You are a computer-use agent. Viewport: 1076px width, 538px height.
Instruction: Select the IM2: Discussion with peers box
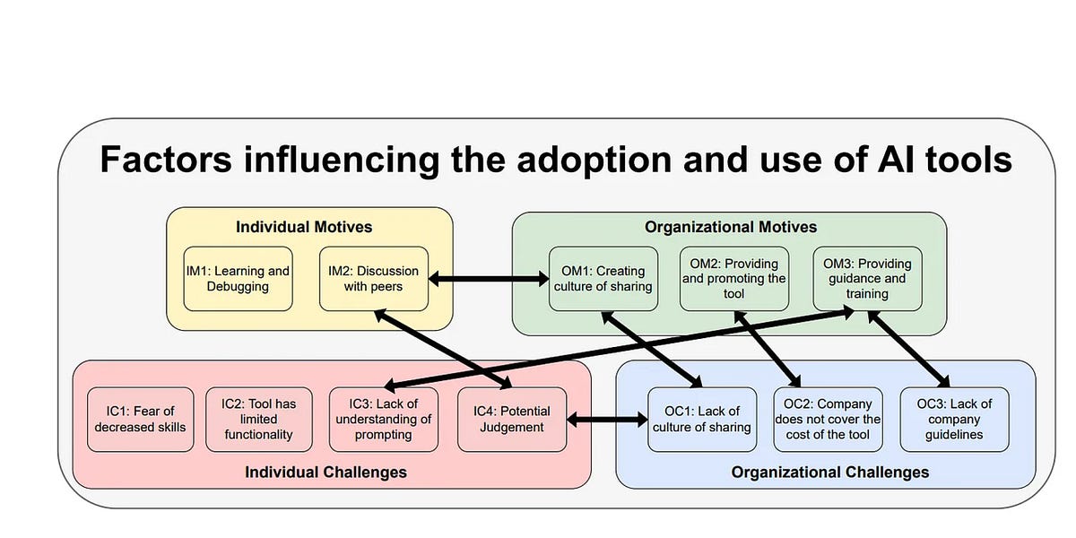(373, 278)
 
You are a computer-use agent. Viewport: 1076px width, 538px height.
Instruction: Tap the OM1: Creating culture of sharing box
(602, 278)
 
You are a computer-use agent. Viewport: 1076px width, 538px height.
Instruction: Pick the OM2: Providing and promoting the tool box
(733, 278)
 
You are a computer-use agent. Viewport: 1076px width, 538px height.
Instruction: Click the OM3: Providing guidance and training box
(867, 278)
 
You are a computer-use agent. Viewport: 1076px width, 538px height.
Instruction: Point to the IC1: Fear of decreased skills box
(140, 419)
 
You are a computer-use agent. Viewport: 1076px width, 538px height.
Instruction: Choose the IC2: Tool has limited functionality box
(259, 419)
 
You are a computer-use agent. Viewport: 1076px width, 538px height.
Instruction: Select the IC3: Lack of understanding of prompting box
(383, 419)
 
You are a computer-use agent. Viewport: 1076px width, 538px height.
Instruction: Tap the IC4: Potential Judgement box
(511, 419)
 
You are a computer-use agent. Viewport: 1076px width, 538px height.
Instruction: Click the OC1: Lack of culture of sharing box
(701, 419)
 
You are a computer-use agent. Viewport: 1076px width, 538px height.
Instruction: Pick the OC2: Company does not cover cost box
(828, 419)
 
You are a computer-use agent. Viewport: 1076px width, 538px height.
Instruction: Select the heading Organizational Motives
(731, 227)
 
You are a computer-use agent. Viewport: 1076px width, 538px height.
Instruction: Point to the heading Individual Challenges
(325, 472)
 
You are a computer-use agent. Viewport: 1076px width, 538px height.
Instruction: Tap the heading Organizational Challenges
(829, 472)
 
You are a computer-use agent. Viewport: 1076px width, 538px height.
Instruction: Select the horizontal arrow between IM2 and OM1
(489, 280)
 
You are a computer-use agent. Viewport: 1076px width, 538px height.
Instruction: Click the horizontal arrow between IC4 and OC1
(607, 419)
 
